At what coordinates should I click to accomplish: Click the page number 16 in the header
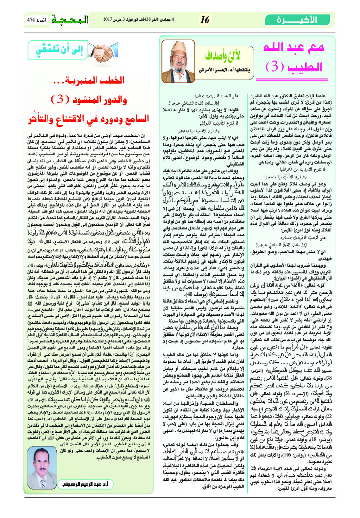(x=205, y=19)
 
